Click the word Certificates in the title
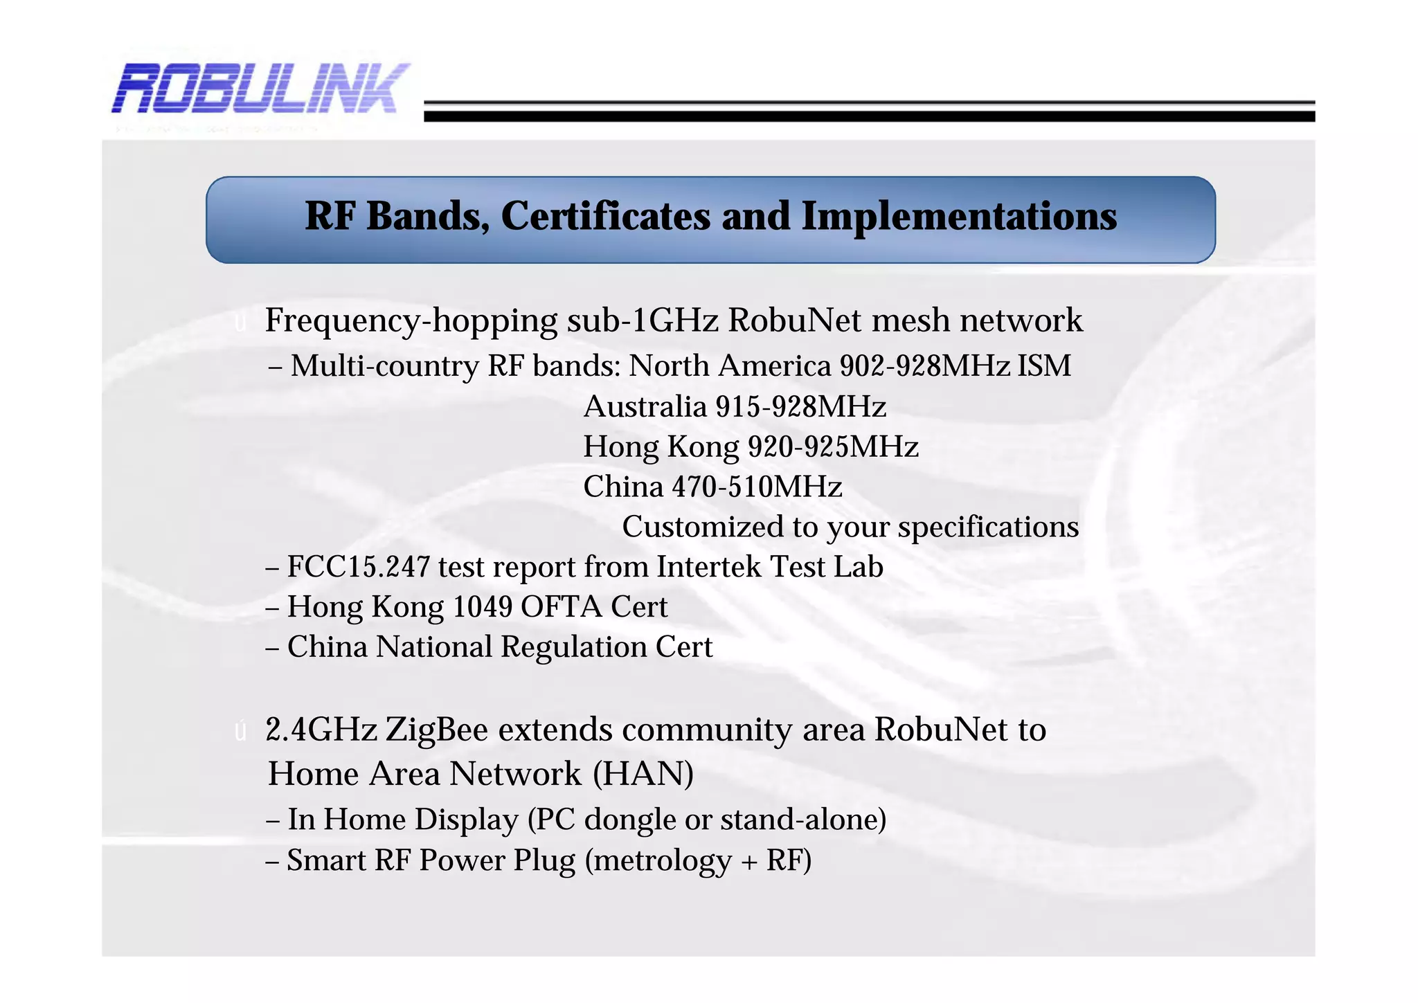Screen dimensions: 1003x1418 (x=605, y=217)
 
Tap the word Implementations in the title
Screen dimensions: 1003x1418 (x=959, y=217)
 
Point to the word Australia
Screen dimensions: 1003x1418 (x=645, y=407)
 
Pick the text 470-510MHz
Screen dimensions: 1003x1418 (x=757, y=487)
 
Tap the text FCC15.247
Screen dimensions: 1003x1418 (x=359, y=568)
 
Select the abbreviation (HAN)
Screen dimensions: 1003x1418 (x=643, y=774)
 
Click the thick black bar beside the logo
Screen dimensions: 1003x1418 (x=869, y=116)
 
